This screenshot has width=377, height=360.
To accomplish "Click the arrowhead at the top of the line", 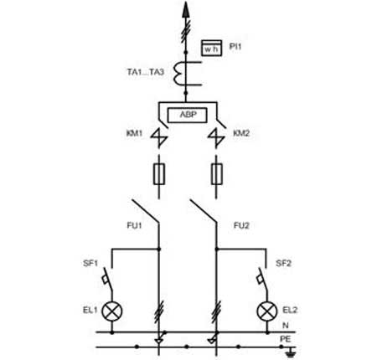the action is (185, 9).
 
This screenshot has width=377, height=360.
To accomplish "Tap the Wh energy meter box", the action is (212, 48).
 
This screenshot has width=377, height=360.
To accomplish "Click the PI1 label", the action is (235, 46).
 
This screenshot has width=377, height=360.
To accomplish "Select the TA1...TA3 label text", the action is (145, 72).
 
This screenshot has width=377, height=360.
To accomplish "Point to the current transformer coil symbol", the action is (178, 73).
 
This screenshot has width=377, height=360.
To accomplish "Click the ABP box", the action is (188, 115).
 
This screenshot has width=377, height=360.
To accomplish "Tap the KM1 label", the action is (134, 133).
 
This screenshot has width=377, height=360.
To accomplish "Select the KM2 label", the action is (241, 133).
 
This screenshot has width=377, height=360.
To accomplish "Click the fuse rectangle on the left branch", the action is (159, 174).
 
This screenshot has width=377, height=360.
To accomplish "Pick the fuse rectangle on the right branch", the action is (216, 174).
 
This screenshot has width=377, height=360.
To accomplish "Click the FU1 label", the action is (134, 225).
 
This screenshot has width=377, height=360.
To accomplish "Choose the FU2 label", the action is (241, 225).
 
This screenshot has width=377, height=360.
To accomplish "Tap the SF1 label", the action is (90, 263).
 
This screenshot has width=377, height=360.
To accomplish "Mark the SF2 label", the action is (283, 263).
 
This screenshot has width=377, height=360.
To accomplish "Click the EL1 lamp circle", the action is (112, 311).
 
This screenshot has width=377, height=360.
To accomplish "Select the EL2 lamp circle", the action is (267, 311).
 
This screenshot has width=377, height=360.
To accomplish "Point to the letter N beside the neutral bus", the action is (286, 326).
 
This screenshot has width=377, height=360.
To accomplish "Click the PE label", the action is (286, 339).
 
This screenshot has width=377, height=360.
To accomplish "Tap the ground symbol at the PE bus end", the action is (291, 352).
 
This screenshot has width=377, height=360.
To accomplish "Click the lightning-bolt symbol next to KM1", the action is (159, 138).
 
